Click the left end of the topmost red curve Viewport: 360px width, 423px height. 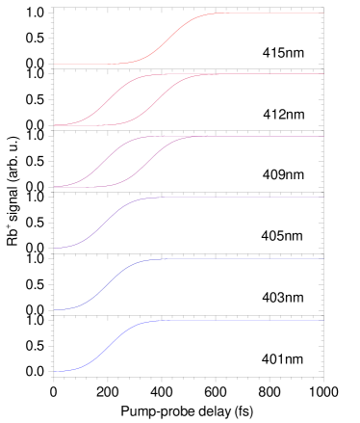click(x=55, y=65)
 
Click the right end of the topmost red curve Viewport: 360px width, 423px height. click(x=322, y=13)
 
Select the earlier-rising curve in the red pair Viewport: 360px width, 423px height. click(x=107, y=99)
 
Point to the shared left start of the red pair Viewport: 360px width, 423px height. click(x=55, y=125)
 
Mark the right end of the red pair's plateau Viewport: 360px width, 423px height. click(x=322, y=73)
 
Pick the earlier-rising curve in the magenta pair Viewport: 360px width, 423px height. click(x=106, y=162)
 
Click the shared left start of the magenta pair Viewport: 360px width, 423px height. click(x=55, y=187)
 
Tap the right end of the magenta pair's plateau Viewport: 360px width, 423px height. click(x=322, y=136)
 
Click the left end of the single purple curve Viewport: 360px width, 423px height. click(x=55, y=249)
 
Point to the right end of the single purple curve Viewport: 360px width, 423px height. click(x=322, y=198)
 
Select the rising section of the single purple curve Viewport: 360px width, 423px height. click(x=106, y=223)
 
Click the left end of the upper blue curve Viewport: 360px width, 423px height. click(x=55, y=309)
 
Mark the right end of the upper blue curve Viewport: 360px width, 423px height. click(x=322, y=258)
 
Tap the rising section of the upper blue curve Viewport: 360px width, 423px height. click(x=106, y=284)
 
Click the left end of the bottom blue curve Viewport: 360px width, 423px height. click(x=55, y=371)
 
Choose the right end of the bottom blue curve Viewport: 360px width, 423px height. click(x=322, y=320)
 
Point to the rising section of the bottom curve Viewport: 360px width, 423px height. click(x=106, y=346)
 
